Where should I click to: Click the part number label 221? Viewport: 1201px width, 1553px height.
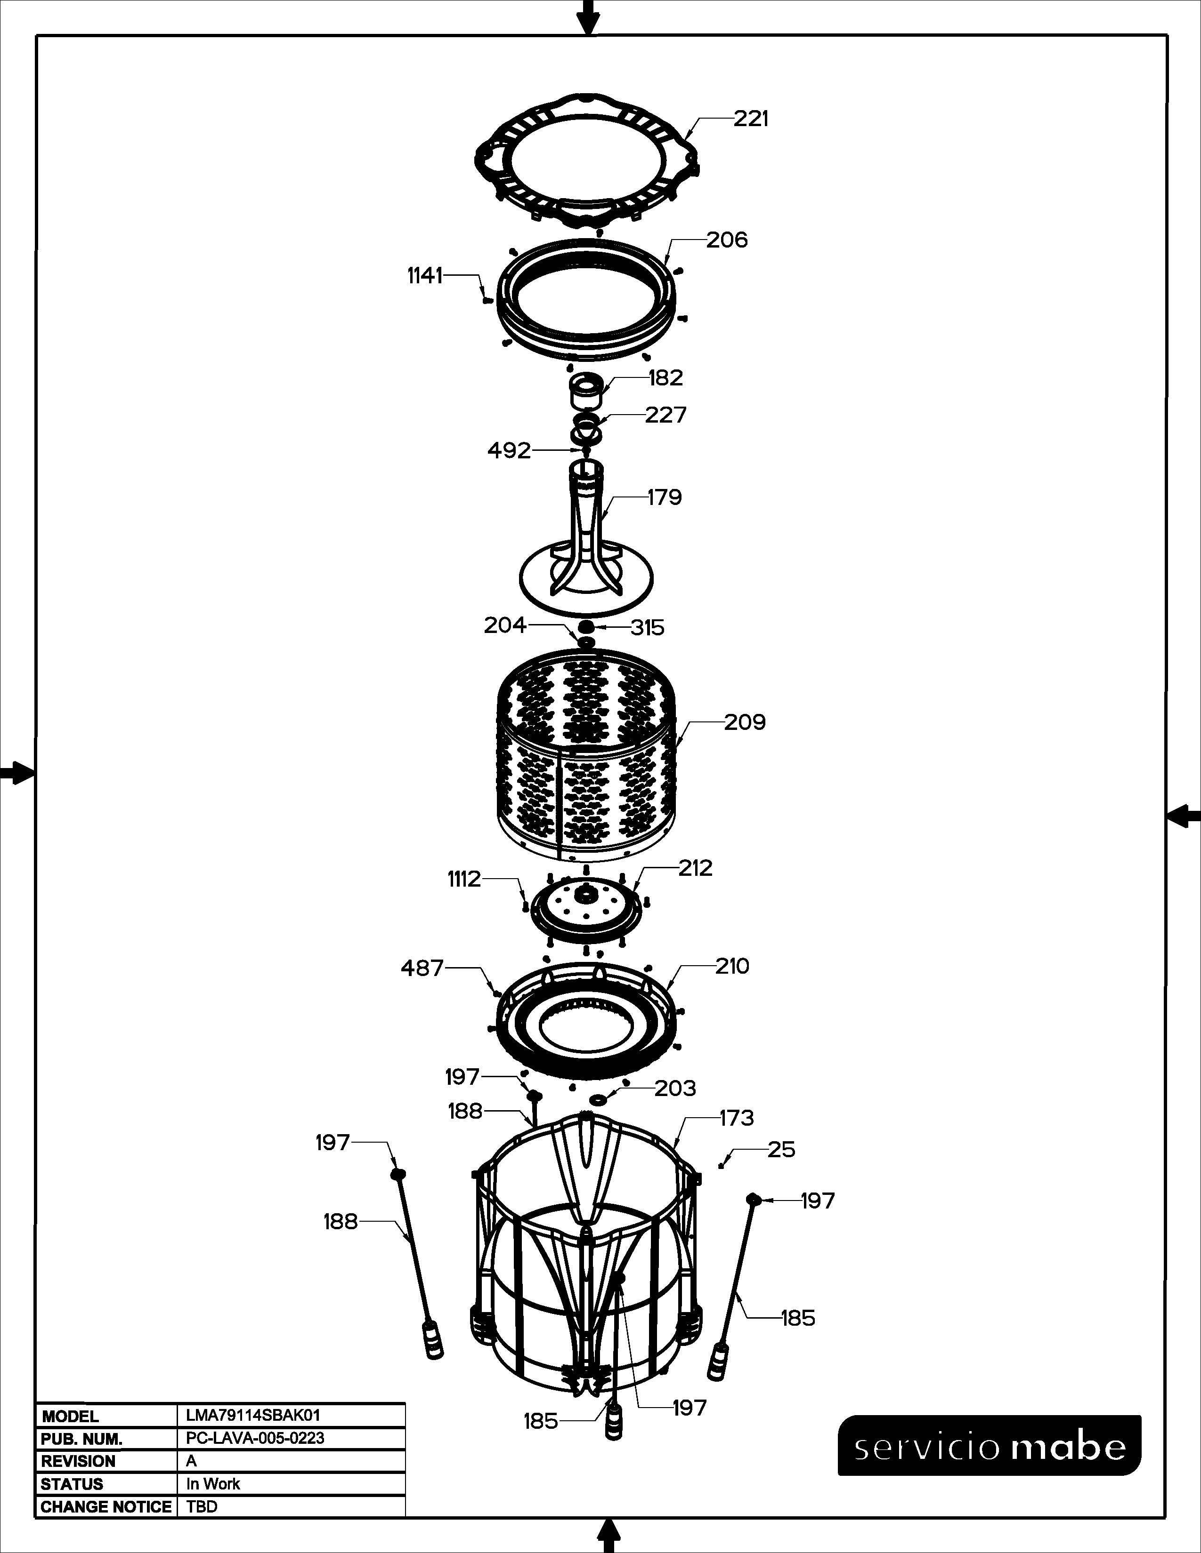click(751, 119)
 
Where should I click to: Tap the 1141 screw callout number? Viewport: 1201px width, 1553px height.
click(425, 275)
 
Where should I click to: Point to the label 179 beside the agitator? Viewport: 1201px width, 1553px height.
click(665, 497)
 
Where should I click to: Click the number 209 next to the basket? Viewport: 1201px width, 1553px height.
click(745, 722)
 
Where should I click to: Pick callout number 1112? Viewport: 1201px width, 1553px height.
click(464, 880)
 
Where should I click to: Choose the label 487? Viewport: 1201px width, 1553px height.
click(422, 968)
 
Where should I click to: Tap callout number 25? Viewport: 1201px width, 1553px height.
click(781, 1150)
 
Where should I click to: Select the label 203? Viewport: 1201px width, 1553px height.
click(675, 1088)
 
